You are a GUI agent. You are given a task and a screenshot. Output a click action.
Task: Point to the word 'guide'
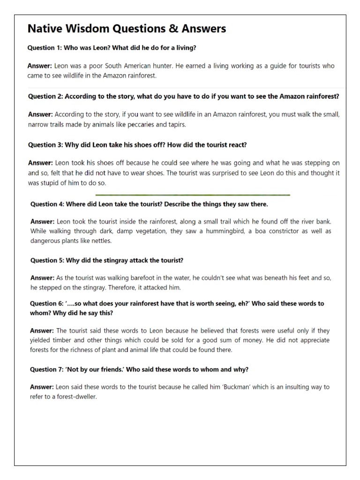point(267,66)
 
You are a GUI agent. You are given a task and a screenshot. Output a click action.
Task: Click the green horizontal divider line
point(192,195)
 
